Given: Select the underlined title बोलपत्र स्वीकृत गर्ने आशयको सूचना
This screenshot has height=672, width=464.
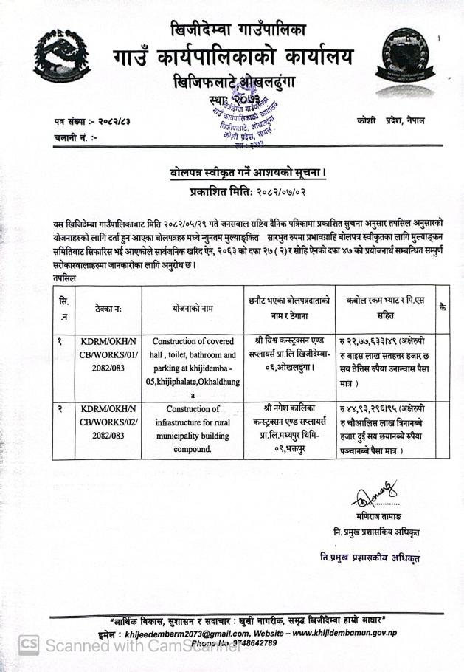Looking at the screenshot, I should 246,174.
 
